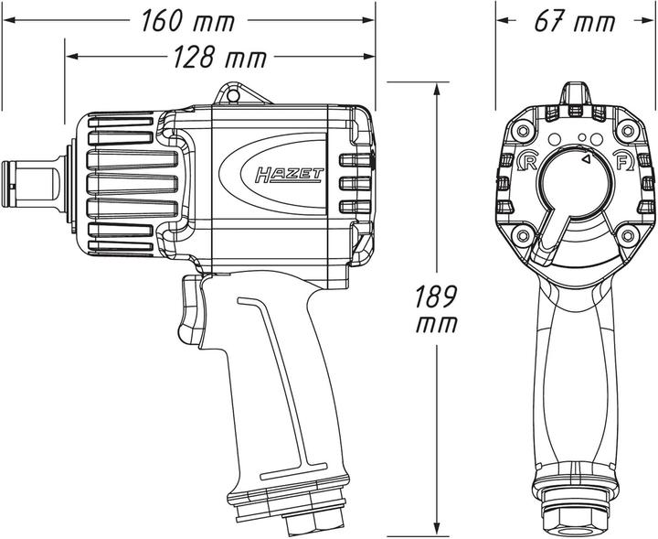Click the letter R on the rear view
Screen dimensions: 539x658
point(526,163)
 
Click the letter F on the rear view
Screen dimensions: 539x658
point(623,163)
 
